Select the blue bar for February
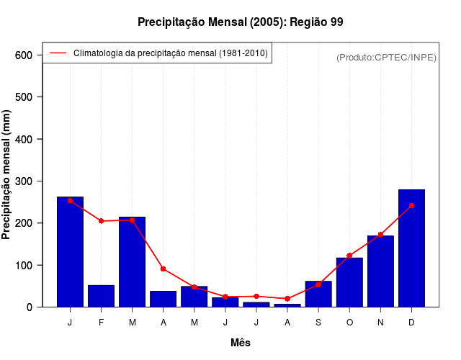(101, 296)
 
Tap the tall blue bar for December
(411, 248)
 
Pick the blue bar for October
(349, 282)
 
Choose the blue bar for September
(318, 294)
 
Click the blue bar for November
(380, 271)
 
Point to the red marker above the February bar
(101, 221)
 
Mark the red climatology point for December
(411, 206)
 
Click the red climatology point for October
(349, 256)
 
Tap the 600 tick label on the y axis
(24, 55)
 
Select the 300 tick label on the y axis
(24, 181)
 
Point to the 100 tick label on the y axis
(24, 266)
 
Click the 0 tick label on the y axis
(30, 307)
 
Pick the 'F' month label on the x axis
(101, 323)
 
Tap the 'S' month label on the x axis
(318, 323)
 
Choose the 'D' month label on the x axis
(411, 323)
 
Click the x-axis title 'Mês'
(241, 343)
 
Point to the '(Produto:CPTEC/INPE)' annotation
(386, 57)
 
